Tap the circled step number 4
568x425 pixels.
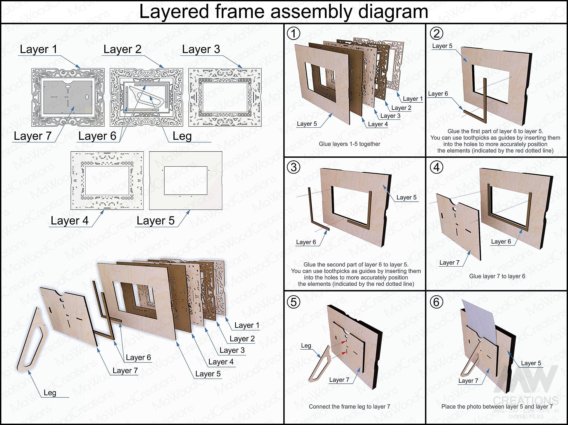pyautogui.click(x=436, y=167)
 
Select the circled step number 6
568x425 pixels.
pyautogui.click(x=436, y=302)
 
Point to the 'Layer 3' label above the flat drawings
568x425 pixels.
pyautogui.click(x=201, y=49)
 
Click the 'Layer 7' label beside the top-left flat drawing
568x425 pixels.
pyautogui.click(x=33, y=136)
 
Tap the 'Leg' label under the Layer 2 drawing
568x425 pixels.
pyautogui.click(x=182, y=136)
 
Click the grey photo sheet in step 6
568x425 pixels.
pyautogui.click(x=478, y=316)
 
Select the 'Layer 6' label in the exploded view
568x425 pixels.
pyautogui.click(x=138, y=357)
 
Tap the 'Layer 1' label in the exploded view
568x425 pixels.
pyautogui.click(x=247, y=325)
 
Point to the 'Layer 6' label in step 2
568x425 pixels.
pyautogui.click(x=438, y=94)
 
